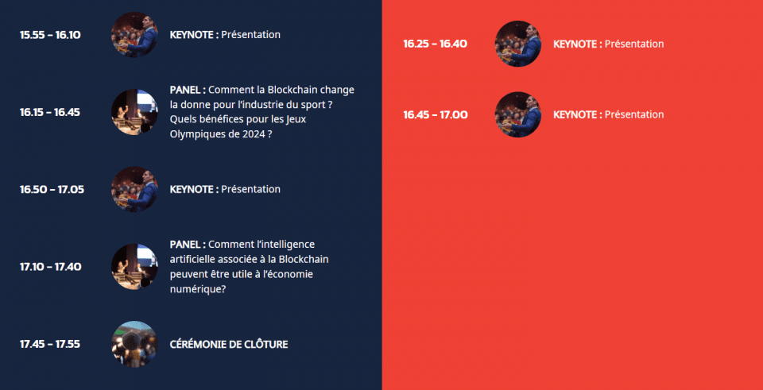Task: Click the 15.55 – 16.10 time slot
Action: tap(50, 35)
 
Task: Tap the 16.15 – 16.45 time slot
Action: tap(49, 112)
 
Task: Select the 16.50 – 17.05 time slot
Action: tap(52, 189)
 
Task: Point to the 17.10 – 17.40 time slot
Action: tap(50, 266)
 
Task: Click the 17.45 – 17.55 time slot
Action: tap(49, 344)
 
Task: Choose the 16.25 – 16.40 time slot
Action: tap(435, 44)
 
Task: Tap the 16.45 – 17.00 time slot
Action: tap(435, 114)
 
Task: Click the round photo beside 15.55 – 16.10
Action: tap(134, 35)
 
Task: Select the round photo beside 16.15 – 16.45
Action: tap(134, 112)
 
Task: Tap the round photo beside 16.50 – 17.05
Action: tap(134, 189)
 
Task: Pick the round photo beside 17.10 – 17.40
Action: tap(134, 266)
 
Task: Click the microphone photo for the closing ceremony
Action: tap(134, 344)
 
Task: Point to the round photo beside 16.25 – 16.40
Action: tap(517, 44)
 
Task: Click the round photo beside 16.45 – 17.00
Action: tap(517, 114)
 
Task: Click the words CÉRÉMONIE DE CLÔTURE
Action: tap(229, 344)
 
